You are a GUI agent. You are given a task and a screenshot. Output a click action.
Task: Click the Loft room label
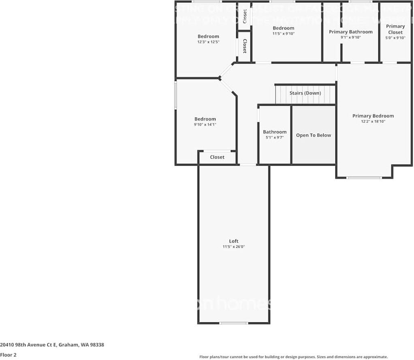(234, 241)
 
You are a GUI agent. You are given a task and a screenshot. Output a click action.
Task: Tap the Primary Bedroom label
(373, 116)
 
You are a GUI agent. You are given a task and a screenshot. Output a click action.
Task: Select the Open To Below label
(313, 135)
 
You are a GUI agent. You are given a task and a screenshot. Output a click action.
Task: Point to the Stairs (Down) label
(305, 93)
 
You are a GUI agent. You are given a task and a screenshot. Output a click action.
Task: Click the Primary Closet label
(395, 29)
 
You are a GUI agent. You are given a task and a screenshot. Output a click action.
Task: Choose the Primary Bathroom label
(350, 32)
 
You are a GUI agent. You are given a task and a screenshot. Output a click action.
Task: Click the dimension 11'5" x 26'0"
(234, 247)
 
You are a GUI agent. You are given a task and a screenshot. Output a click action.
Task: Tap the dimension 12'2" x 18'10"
(373, 121)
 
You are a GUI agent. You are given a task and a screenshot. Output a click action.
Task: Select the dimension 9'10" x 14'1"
(205, 124)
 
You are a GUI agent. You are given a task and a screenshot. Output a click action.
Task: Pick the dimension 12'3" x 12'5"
(208, 42)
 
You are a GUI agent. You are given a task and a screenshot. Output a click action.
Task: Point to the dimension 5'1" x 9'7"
(275, 137)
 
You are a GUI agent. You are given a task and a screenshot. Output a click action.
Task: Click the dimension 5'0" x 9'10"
(395, 38)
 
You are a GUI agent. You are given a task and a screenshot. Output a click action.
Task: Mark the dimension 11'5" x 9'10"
(283, 34)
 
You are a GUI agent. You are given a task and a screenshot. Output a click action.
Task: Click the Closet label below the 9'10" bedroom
(217, 157)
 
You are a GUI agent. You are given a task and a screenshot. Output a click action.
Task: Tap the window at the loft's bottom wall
(234, 323)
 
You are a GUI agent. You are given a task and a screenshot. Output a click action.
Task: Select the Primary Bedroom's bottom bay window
(364, 178)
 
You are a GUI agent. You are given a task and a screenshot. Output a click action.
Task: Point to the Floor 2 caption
(8, 355)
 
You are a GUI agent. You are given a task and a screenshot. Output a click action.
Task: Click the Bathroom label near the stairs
(275, 132)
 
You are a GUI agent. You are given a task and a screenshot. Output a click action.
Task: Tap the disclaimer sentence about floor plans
(293, 357)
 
